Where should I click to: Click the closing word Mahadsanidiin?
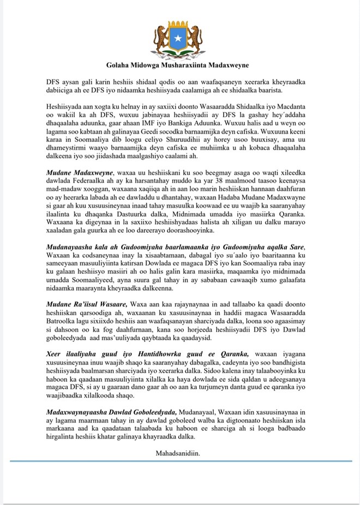point(179,452)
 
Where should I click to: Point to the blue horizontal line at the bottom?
point(180,462)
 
